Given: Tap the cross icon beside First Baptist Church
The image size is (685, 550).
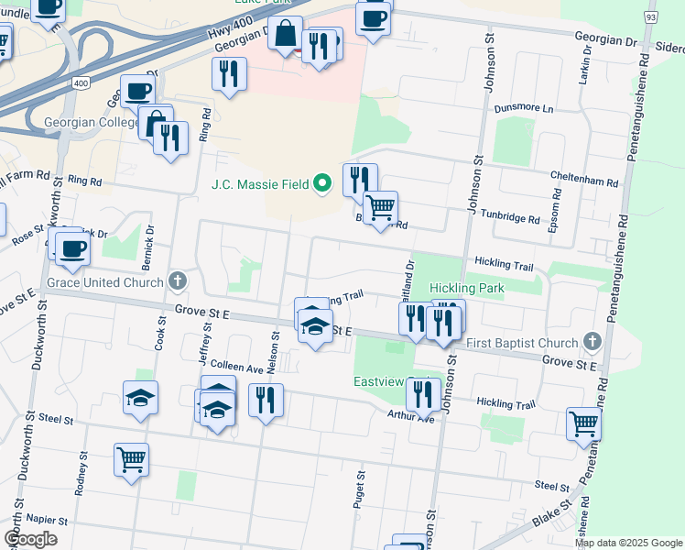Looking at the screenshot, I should coord(592,343).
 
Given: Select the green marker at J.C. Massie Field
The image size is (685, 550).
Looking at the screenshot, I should coord(321,184).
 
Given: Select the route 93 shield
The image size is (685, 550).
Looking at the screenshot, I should coord(650,17).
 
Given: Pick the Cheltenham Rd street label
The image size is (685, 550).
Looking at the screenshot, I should coord(583,180).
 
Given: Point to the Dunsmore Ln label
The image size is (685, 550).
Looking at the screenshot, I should coord(525,108).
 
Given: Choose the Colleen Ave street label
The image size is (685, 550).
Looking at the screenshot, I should coord(238,368).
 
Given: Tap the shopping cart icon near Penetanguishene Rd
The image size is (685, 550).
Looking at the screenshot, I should coord(583,423).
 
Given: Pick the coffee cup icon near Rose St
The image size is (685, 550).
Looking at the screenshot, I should coord(71,247).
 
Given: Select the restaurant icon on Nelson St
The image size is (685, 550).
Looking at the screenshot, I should coord(266,400).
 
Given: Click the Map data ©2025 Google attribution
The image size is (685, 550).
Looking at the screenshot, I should coord(629,542).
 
